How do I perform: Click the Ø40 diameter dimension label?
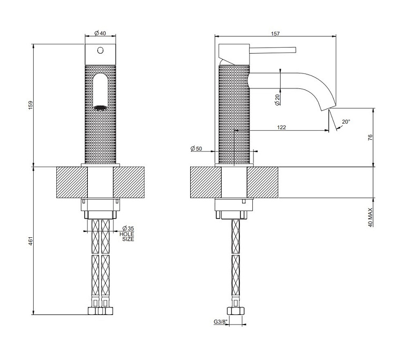(x=100, y=33)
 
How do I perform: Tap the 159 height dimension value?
(x=31, y=105)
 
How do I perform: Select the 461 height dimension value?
(x=31, y=241)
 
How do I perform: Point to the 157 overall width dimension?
(x=275, y=33)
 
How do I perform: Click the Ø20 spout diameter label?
(x=277, y=100)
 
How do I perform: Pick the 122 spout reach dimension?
(x=281, y=127)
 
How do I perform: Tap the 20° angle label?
(x=346, y=122)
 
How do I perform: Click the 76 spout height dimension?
(x=370, y=137)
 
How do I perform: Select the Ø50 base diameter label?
(x=196, y=148)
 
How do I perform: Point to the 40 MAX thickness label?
(x=370, y=217)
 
